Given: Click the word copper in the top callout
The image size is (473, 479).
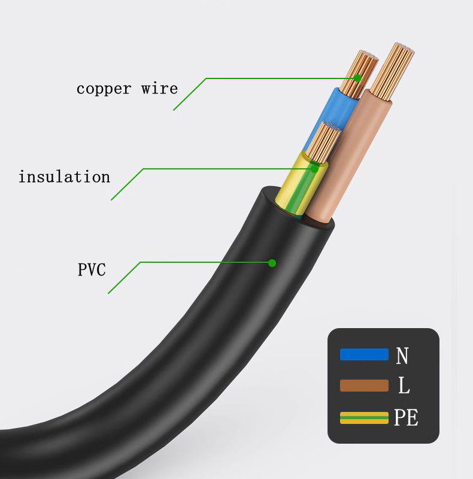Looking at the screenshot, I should coord(104,89).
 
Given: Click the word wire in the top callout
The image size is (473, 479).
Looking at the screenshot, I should coord(159,89).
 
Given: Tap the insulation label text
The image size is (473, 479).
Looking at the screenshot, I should coord(64,177).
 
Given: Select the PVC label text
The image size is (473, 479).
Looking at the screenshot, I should coord(92,269).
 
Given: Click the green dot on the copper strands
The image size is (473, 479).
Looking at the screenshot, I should coord(357,78).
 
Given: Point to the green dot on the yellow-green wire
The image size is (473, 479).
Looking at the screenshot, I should coord(314,168).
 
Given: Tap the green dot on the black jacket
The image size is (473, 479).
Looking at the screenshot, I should coord(272,262).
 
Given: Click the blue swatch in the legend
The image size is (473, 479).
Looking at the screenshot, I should coord(363,354).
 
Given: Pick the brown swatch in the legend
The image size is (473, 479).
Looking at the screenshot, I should coord(363,386).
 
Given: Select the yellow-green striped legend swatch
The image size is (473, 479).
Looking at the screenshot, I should coord(363,417).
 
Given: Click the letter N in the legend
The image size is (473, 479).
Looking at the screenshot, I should coord(403,356).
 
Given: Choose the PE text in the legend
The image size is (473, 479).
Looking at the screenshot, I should coord(407,417).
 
